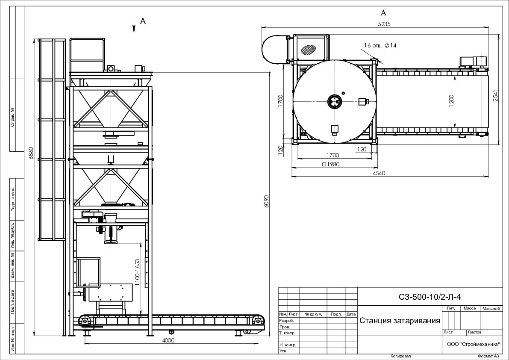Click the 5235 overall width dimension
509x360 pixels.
click(384, 24)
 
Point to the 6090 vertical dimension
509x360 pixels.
click(267, 201)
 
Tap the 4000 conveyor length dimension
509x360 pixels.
click(168, 340)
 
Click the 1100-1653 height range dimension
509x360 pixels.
click(137, 272)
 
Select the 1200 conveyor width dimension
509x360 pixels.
click(452, 100)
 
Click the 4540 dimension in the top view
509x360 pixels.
click(379, 173)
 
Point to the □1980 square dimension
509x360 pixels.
click(330, 164)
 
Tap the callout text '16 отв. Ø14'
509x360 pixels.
click(380, 45)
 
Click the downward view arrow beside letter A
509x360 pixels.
click(133, 24)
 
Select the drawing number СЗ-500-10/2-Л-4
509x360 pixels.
click(430, 297)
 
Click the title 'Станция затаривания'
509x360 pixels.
click(400, 321)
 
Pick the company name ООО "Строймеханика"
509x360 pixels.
click(473, 344)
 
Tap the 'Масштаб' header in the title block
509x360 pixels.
click(491, 308)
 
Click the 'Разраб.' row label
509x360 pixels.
click(286, 320)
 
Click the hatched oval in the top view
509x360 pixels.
click(309, 49)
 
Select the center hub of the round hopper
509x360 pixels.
click(335, 101)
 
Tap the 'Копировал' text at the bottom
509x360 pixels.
click(400, 356)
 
